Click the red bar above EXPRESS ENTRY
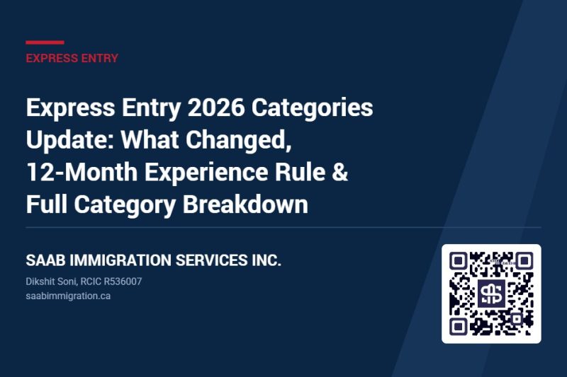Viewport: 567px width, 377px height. (45, 42)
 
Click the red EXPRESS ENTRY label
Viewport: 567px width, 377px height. (72, 58)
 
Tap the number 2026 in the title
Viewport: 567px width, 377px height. (216, 108)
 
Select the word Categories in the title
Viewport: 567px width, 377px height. (312, 108)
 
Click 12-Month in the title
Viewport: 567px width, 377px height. (82, 172)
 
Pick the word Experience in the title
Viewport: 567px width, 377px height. (206, 173)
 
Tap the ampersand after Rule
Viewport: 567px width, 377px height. (340, 172)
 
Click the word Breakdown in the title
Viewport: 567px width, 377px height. (245, 204)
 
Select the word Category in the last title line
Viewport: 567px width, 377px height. (125, 205)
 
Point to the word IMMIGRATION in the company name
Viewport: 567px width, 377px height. (120, 260)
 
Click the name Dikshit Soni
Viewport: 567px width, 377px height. (51, 282)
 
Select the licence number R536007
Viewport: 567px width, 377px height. (123, 282)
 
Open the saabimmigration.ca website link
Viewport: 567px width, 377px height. (68, 296)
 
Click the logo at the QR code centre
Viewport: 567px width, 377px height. (491, 294)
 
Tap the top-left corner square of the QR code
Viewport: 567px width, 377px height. (459, 261)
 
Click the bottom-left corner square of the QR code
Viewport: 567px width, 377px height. (459, 327)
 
